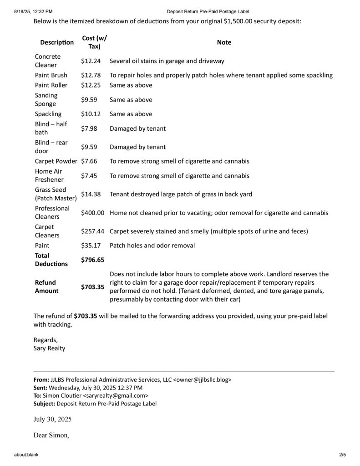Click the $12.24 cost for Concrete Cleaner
coord(91,61)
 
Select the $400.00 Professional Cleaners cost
coord(93,213)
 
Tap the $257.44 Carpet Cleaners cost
coord(93,231)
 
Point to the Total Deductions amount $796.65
coord(92,260)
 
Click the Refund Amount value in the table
coord(92,287)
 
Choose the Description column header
coord(57,42)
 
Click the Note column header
coord(224,42)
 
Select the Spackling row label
coord(48,114)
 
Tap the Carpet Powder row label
coord(56,161)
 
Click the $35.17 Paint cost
coord(91,246)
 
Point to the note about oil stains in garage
coord(167,61)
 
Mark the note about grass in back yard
coord(181,194)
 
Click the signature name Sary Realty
coord(49,348)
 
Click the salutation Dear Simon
coord(51,435)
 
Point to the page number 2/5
coord(342,455)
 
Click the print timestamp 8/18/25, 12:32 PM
coord(33,11)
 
